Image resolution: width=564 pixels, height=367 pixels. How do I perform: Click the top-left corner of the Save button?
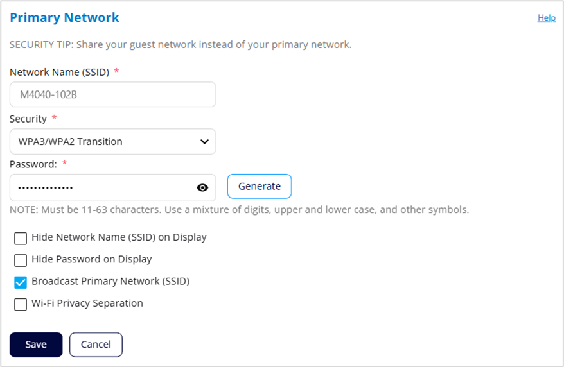point(10,332)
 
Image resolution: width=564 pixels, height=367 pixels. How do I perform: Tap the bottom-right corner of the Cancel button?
point(122,357)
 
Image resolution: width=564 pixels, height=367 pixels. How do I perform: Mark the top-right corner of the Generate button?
point(292,175)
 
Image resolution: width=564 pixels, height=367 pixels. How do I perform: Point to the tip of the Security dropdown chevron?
point(204,144)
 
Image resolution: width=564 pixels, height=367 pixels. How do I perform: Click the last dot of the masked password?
point(71,188)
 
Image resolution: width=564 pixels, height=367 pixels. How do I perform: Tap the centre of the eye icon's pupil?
point(202,187)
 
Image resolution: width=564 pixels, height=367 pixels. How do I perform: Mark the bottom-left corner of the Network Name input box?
point(10,107)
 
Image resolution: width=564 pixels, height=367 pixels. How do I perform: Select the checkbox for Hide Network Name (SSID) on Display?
point(21,238)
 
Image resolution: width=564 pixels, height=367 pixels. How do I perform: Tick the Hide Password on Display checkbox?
point(21,260)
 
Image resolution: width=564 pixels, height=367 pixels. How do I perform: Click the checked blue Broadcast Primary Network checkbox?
point(21,282)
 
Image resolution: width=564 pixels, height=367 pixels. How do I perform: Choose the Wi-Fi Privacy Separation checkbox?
point(21,304)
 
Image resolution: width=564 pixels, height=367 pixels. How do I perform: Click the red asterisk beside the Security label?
point(55,117)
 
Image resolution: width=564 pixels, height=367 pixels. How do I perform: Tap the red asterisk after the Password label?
point(65,163)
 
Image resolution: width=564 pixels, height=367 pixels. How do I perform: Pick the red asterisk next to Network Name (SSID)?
point(116,71)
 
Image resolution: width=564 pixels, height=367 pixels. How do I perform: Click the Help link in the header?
point(547,17)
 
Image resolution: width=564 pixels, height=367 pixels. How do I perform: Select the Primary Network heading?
point(64,17)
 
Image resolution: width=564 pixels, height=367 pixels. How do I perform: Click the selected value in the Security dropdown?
point(71,142)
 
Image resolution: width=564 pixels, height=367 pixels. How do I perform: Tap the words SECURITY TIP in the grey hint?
point(41,44)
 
